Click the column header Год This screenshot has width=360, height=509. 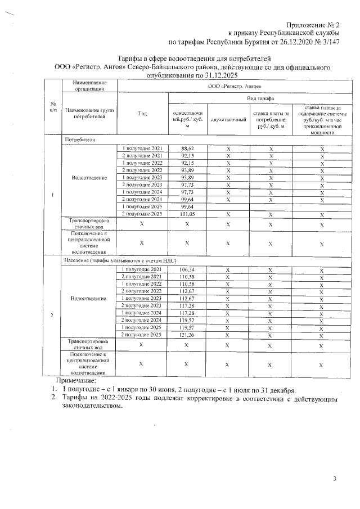click(142, 113)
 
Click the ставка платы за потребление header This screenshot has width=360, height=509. click(271, 119)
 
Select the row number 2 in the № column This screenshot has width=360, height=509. click(52, 314)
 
